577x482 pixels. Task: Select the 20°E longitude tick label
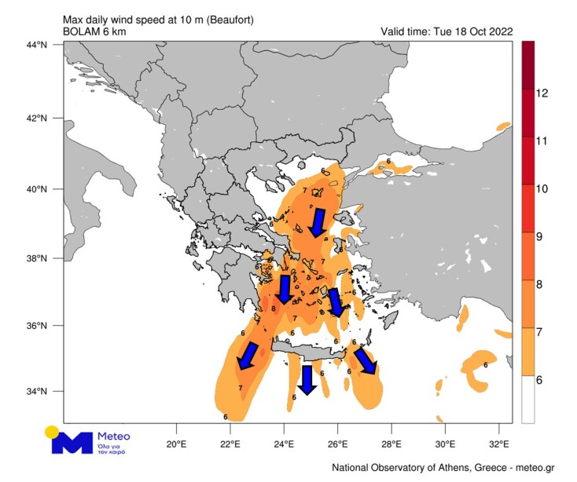tap(176, 432)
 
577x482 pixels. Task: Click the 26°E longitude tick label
tap(337, 432)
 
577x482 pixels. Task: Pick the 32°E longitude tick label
tap(498, 432)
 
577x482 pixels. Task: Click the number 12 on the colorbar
tap(542, 93)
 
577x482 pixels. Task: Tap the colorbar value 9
tap(542, 236)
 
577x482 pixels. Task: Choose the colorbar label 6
tap(542, 380)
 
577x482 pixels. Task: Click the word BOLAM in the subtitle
tap(80, 31)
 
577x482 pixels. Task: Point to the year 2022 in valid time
tap(498, 31)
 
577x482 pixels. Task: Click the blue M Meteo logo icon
tap(72, 443)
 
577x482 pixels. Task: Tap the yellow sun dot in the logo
tap(52, 431)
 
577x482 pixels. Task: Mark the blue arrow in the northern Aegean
tap(318, 222)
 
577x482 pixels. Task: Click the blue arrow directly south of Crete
tap(307, 380)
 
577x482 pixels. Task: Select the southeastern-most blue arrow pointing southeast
tap(366, 361)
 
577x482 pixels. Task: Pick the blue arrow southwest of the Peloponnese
tap(248, 356)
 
